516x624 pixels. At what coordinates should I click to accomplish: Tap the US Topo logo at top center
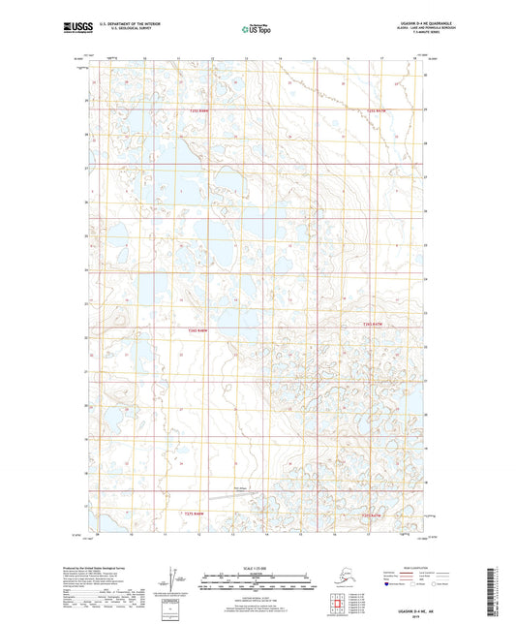pos(255,29)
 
